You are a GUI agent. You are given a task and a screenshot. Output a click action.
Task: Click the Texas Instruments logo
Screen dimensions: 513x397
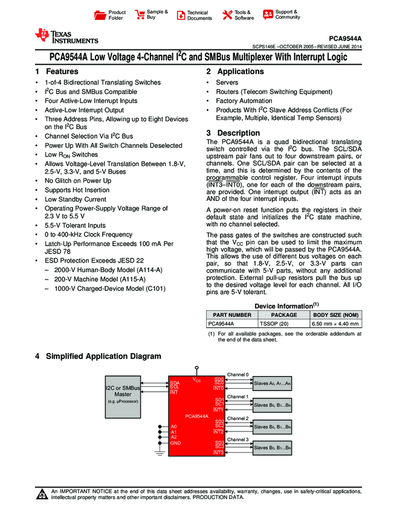(66, 37)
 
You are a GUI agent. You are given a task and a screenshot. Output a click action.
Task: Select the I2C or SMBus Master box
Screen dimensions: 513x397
(123, 392)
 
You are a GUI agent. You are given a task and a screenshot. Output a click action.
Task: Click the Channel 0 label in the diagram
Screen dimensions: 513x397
(237, 375)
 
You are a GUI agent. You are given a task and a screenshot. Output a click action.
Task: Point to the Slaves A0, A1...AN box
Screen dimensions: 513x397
(272, 383)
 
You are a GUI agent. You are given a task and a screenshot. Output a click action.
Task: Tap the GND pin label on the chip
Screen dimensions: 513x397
(176, 443)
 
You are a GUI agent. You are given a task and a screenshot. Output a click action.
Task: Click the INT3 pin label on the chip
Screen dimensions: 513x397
(218, 452)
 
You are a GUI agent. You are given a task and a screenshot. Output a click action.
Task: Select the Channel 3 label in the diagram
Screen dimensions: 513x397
(237, 439)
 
